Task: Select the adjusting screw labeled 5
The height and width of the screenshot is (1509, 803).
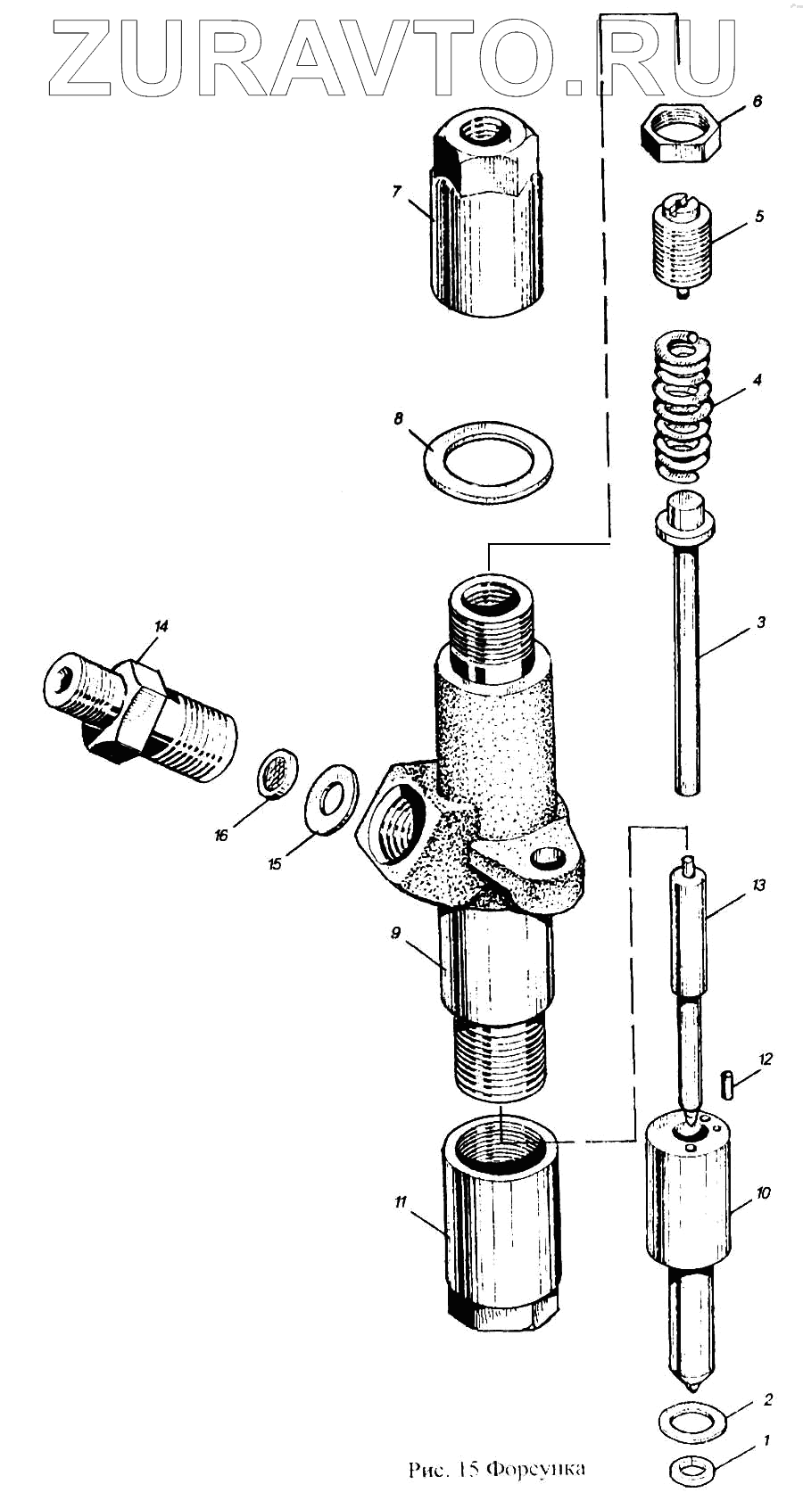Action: click(683, 243)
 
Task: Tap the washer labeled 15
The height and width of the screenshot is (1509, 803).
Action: click(332, 798)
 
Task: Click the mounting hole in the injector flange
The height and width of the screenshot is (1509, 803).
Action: click(543, 862)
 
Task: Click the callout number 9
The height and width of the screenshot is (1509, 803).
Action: click(395, 933)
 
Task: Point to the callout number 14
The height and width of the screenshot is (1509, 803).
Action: click(161, 626)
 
